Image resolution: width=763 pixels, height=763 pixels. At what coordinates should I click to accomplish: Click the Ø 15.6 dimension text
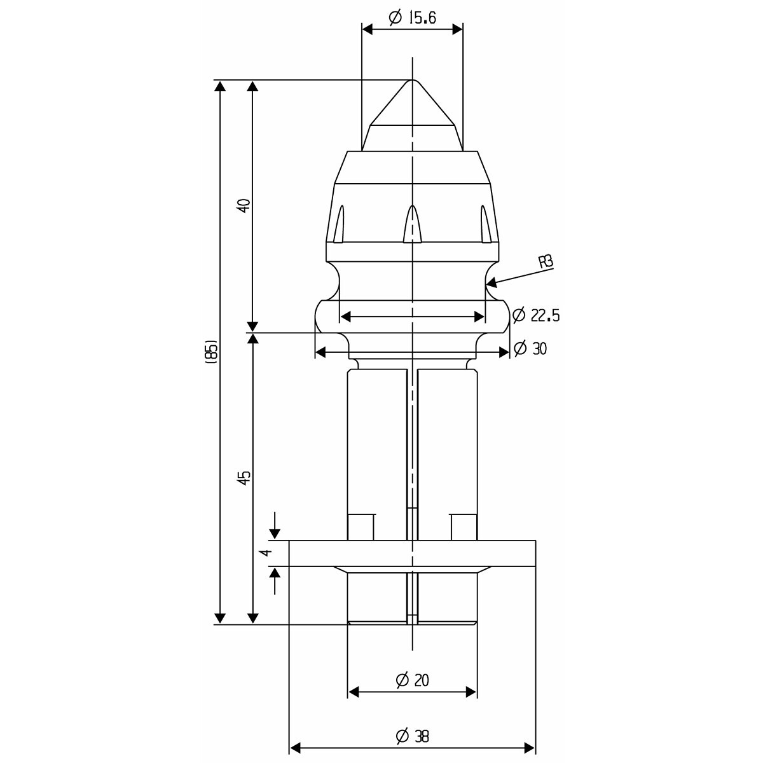point(412,18)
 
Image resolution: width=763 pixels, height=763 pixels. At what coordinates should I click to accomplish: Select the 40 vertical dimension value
point(245,205)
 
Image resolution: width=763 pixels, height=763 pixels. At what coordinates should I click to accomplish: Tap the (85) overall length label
point(212,352)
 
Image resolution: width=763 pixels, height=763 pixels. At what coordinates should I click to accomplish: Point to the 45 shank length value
point(245,478)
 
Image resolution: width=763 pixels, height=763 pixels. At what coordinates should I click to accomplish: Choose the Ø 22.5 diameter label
point(536,315)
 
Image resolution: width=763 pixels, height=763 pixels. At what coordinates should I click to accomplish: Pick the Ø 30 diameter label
point(530,348)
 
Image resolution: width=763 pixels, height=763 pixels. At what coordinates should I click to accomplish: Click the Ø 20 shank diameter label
point(412,680)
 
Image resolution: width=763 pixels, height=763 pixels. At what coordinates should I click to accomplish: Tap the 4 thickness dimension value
point(267,553)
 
